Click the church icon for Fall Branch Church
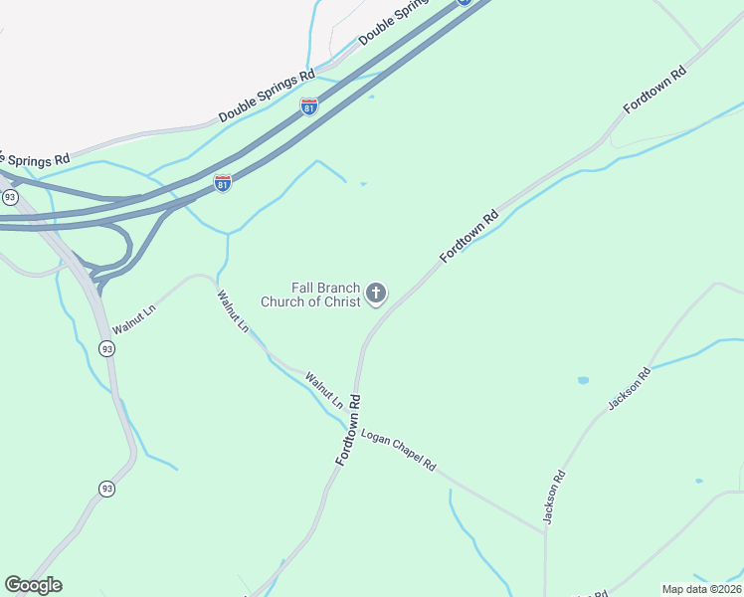[x=376, y=293]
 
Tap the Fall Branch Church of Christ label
[x=310, y=295]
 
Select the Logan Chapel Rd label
[x=398, y=451]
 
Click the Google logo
[x=33, y=585]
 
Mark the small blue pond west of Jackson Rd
[x=583, y=380]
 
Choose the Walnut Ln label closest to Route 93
[x=134, y=319]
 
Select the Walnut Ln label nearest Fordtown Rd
[x=323, y=391]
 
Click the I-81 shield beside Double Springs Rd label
[x=309, y=106]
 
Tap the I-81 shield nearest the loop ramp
[x=223, y=184]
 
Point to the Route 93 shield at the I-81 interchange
[x=10, y=198]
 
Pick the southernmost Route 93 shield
[x=106, y=489]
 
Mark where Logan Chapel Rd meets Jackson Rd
[x=545, y=532]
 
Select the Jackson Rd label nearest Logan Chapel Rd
[x=554, y=497]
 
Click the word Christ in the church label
[x=337, y=301]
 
